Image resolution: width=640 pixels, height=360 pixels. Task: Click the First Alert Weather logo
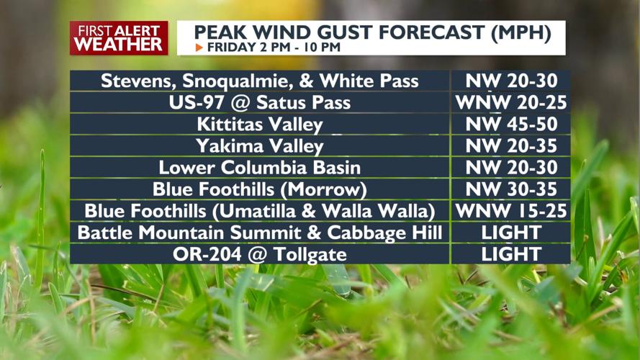click(119, 37)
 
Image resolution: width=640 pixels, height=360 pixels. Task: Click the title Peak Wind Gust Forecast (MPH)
click(373, 32)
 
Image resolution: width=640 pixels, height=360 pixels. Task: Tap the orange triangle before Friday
click(199, 48)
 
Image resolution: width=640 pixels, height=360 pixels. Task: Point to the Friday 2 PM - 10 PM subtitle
click(273, 48)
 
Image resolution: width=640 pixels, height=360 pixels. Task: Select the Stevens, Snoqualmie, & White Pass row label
click(260, 81)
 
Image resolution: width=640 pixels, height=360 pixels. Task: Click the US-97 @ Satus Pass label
click(260, 102)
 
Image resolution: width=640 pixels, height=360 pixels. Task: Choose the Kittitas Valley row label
click(260, 124)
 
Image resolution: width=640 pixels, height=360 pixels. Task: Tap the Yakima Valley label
click(260, 146)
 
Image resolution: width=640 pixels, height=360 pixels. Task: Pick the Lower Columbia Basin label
click(260, 168)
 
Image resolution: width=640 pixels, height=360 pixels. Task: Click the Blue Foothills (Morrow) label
click(260, 189)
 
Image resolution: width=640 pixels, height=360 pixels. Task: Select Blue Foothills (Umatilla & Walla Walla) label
click(260, 211)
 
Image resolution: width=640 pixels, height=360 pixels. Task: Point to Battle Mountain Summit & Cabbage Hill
click(260, 233)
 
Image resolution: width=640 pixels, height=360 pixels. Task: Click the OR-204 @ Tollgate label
click(260, 254)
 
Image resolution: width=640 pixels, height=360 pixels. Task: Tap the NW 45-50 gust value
click(511, 124)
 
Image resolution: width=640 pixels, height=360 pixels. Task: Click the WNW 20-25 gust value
click(511, 102)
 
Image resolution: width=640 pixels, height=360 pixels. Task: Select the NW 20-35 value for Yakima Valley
click(511, 146)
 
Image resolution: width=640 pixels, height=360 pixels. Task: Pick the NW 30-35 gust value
click(511, 189)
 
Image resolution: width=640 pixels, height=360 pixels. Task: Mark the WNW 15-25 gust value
click(511, 211)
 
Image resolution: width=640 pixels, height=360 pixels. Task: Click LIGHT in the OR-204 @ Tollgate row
click(511, 254)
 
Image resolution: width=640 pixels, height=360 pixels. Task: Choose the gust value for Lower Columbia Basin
click(511, 168)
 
